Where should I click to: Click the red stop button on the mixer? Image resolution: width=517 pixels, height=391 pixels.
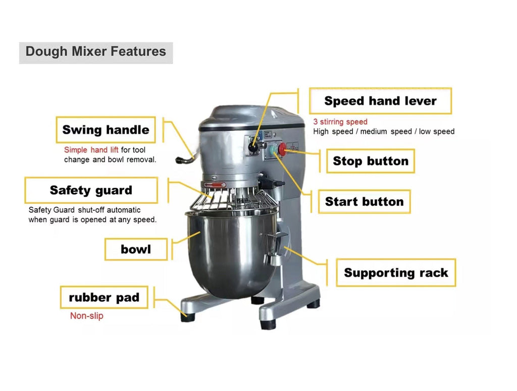282,149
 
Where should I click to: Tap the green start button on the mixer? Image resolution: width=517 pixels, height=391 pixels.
274,150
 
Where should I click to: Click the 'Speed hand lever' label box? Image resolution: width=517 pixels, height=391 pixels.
380,101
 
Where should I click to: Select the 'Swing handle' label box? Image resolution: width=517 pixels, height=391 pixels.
106,130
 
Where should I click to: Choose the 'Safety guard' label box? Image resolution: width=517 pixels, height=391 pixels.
91,190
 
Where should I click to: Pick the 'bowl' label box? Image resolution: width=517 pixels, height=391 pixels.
136,249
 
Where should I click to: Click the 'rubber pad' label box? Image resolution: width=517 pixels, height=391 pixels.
104,297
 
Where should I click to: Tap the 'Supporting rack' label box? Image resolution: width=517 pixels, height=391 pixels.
396,272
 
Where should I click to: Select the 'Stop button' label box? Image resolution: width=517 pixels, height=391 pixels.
371,161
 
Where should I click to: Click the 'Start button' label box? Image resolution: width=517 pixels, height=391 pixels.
365,201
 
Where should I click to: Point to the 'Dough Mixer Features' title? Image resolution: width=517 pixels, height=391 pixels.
95,52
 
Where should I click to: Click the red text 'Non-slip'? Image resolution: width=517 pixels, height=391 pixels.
87,315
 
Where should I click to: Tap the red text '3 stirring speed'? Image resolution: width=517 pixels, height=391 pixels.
340,122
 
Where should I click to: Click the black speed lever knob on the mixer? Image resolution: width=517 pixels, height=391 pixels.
253,148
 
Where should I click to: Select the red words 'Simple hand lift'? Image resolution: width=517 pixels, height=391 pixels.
91,150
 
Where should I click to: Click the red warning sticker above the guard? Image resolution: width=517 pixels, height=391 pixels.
215,185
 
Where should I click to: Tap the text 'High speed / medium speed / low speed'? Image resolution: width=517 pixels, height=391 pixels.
384,132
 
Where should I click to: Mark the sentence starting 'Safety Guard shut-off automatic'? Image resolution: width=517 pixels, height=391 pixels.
92,215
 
